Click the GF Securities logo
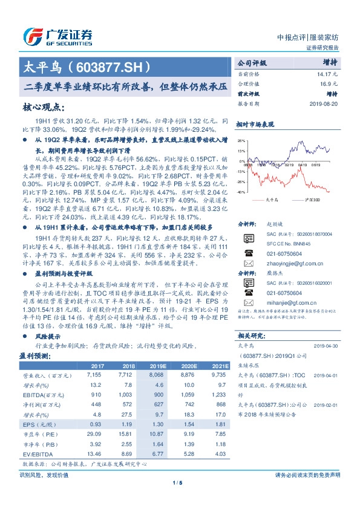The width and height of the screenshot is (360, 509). click(x=57, y=35)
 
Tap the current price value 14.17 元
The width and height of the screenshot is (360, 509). click(x=327, y=74)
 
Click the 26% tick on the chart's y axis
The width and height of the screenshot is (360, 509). click(x=241, y=140)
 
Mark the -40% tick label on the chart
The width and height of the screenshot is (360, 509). click(x=241, y=192)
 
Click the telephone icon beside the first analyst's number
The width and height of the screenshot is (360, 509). click(x=247, y=253)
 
